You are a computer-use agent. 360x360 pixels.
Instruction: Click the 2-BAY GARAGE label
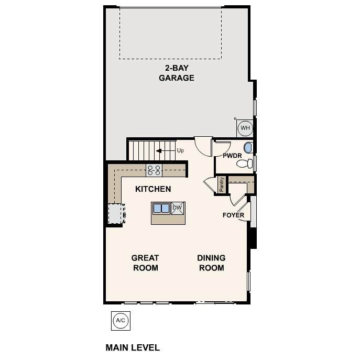[176, 73]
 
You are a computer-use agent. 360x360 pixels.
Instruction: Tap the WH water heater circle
[245, 128]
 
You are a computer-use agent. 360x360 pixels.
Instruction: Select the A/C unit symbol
[121, 321]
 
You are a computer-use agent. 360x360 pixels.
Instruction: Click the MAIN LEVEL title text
[133, 347]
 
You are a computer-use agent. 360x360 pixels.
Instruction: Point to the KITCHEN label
[153, 189]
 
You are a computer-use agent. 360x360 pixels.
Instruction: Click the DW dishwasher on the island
[178, 208]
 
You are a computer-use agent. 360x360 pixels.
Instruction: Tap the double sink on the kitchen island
[161, 208]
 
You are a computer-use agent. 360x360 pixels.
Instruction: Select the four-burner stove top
[154, 170]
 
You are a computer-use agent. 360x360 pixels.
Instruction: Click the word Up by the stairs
[180, 150]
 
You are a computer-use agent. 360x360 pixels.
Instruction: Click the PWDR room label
[232, 156]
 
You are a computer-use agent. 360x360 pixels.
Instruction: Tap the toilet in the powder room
[245, 163]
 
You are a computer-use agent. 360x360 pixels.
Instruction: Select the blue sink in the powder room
[248, 148]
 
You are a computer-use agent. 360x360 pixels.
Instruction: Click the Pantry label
[222, 184]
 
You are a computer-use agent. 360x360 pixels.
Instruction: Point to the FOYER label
[233, 215]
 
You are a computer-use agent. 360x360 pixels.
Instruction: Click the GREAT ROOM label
[145, 263]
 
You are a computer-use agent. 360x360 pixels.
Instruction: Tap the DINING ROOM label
[211, 263]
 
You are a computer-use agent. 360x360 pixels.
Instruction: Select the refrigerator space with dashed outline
[116, 213]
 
